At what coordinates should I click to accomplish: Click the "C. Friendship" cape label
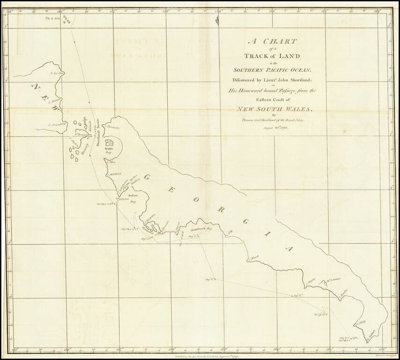[x=57, y=124]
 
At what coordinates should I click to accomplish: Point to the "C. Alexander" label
[x=115, y=127]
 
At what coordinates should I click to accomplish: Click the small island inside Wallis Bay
[x=111, y=142]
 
